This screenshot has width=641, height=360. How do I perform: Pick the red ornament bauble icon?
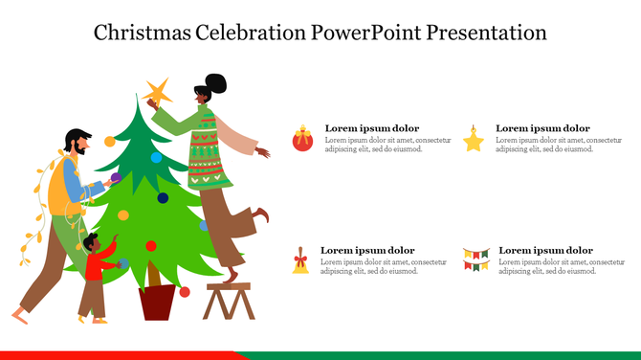[302, 140]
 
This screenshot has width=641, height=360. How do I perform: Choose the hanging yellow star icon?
[474, 140]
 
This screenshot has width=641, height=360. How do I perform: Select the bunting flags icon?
[475, 258]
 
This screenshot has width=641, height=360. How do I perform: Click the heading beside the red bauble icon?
[371, 128]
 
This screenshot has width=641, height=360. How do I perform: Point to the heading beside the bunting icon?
[545, 250]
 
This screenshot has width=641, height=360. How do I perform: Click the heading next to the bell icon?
[366, 250]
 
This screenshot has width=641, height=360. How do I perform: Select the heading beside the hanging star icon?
[542, 128]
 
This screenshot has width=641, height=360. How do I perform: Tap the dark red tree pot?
[157, 302]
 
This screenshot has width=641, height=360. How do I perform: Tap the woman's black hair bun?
[216, 83]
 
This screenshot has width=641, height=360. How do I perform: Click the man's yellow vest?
[61, 187]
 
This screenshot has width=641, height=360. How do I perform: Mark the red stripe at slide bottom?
[115, 354]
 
